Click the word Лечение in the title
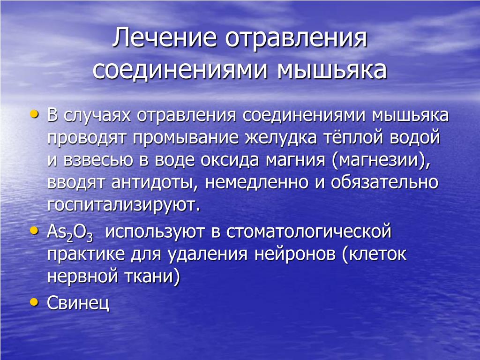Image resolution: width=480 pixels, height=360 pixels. [165, 37]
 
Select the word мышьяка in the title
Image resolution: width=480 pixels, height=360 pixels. [332, 70]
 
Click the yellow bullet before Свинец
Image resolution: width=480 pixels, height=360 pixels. [34, 302]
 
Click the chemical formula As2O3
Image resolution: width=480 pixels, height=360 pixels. [70, 232]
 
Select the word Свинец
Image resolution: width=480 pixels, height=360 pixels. [78, 303]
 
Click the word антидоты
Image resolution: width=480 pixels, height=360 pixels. [152, 182]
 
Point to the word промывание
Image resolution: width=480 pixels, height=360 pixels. [186, 138]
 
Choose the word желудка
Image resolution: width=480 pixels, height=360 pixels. [281, 138]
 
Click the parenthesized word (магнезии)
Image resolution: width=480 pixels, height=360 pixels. [381, 160]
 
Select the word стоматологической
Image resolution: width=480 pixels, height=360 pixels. [309, 232]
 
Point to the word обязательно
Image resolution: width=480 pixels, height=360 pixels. [384, 182]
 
